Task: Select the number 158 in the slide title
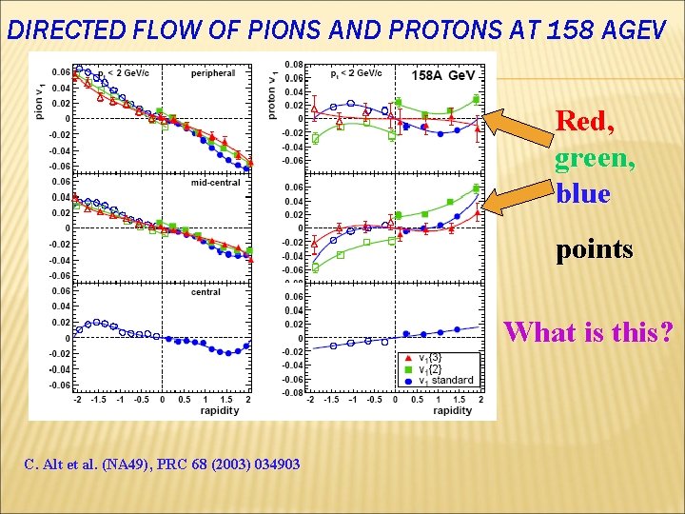pos(567,31)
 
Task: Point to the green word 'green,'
pos(595,157)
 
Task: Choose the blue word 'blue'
pos(582,193)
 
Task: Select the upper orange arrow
pos(518,126)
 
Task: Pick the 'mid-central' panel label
pos(215,183)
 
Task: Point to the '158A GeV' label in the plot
pos(443,75)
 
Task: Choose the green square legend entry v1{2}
pos(436,369)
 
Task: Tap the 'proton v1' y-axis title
pos(273,94)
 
